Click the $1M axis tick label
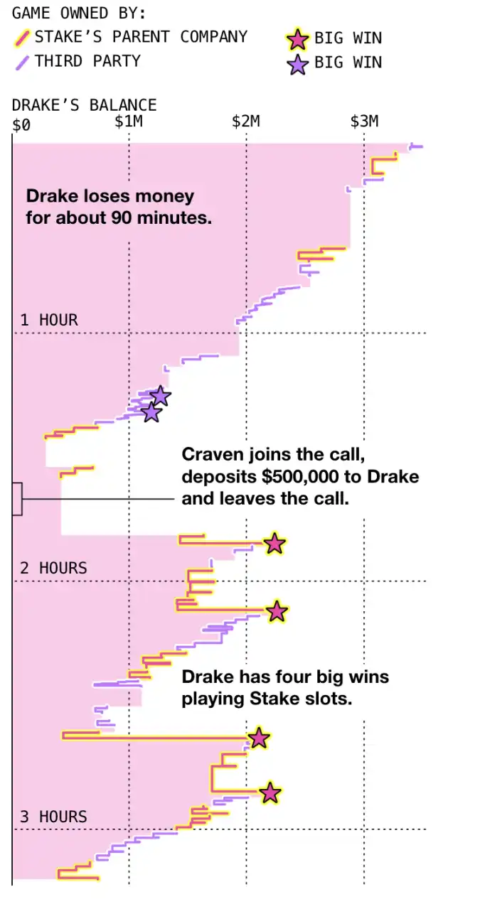coord(129,121)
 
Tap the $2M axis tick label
coord(246,121)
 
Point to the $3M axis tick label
coord(364,121)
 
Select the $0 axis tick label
coord(21,125)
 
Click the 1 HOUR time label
coord(49,320)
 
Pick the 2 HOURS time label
coord(53,568)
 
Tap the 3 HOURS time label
coord(53,817)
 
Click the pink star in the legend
coord(297,39)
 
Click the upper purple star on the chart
coord(161,396)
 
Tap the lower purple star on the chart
coord(151,413)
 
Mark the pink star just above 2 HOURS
coord(275,544)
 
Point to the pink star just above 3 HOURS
coord(270,792)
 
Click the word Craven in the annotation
coord(213,455)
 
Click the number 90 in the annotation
coord(120,217)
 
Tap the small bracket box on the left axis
coord(17,499)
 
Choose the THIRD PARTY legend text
coord(87,61)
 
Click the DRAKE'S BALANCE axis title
coord(85,105)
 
